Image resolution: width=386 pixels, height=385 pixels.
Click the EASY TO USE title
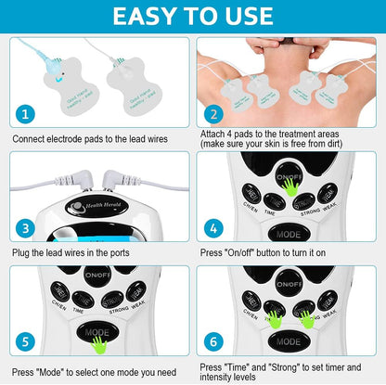tap(193, 16)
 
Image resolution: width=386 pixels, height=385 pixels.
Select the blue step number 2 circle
tap(214, 113)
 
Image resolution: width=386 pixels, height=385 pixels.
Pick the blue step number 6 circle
tap(214, 342)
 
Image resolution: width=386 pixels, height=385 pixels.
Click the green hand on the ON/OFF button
tap(291, 186)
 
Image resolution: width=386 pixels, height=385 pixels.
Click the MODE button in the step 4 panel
tap(288, 234)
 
